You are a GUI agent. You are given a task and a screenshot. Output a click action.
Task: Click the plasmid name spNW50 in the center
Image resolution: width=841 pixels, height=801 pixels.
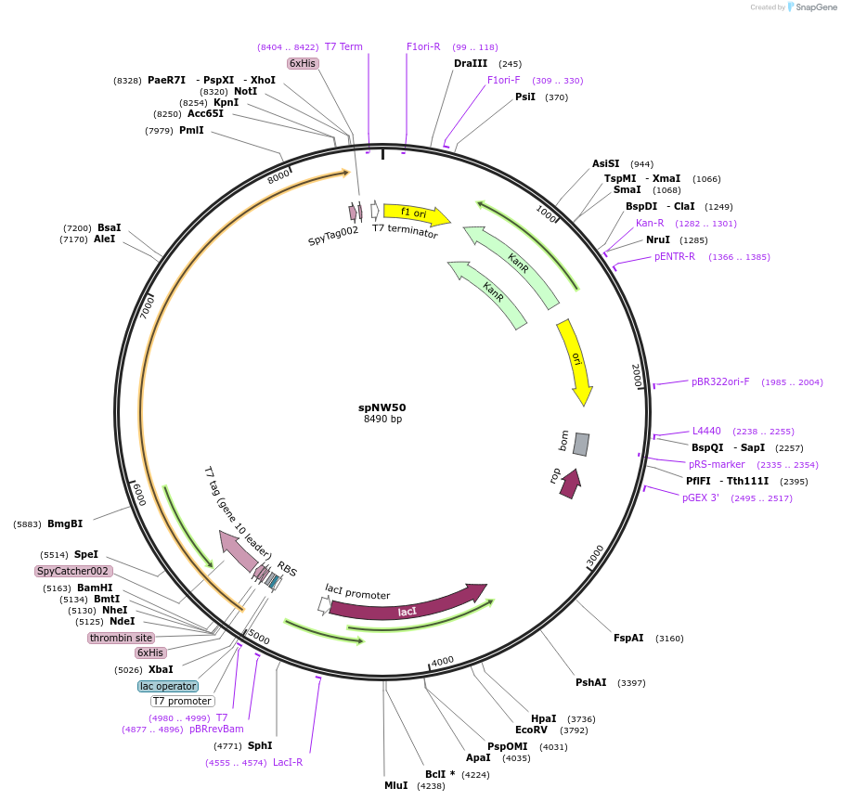coord(382,407)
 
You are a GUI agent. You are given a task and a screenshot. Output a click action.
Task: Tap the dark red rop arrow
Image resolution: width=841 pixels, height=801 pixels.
coord(570,483)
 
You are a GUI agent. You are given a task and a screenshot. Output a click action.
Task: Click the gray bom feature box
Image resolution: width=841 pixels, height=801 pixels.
coord(580,444)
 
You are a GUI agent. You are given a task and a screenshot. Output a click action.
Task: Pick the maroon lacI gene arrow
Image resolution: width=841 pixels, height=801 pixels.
coord(407,608)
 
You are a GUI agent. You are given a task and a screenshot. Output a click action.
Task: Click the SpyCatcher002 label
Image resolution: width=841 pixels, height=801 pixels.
coord(73,571)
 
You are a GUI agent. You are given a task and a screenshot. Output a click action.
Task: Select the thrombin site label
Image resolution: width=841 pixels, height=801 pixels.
coord(121,638)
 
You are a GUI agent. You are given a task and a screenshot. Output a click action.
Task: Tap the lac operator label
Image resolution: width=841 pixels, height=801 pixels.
coord(168,686)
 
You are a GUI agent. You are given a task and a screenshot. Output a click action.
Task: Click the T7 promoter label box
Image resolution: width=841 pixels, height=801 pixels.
coord(182,701)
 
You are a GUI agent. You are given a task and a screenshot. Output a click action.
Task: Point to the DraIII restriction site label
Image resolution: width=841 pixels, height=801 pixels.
coord(471,63)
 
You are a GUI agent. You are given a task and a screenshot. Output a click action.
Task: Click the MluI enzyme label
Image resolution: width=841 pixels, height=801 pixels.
coord(395,785)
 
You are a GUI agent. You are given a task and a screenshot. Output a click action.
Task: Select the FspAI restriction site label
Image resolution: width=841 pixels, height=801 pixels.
coord(628,638)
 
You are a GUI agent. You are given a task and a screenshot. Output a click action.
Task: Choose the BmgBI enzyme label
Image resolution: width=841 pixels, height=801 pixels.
coord(65,523)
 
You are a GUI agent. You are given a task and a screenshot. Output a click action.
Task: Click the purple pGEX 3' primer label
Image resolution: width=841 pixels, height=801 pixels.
coord(701,497)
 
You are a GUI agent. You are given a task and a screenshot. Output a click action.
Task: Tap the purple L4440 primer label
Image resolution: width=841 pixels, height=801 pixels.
coord(706,431)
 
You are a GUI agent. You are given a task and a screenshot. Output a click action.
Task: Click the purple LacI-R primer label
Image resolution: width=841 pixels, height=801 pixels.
coord(288,762)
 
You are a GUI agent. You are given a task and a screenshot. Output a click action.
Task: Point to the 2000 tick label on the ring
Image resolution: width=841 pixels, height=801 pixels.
coord(637,376)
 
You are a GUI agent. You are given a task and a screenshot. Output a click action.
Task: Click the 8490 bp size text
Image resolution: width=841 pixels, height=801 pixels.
coord(382,419)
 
